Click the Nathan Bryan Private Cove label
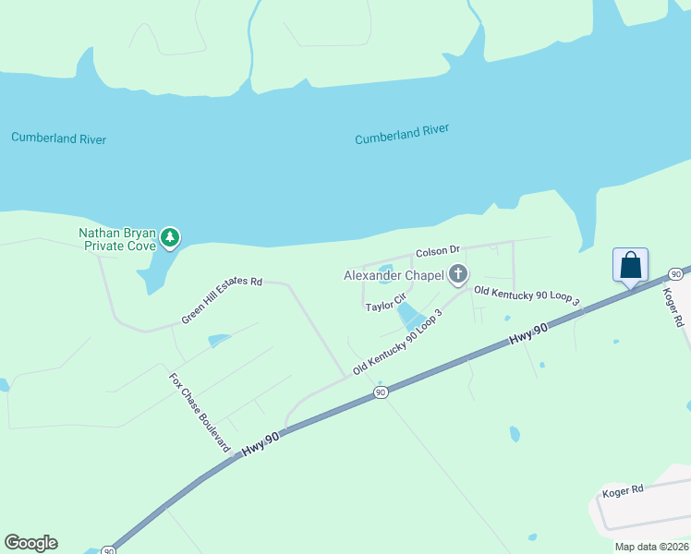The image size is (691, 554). [x=116, y=239]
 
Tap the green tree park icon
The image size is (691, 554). [x=169, y=238]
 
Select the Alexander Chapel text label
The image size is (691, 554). [x=394, y=275]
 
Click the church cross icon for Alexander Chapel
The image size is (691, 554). [x=458, y=274]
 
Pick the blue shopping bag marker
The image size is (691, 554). [x=630, y=266]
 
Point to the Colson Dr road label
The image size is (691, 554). [x=437, y=251]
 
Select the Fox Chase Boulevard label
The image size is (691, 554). [x=200, y=411]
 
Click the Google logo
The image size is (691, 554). [x=30, y=543]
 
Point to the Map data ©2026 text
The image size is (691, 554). [x=650, y=547]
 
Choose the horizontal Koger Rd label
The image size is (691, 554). [x=622, y=491]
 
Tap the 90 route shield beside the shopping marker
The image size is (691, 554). [x=675, y=274]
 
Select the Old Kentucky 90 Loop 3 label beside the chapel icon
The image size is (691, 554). [x=527, y=295]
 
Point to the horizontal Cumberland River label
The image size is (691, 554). [x=58, y=138]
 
